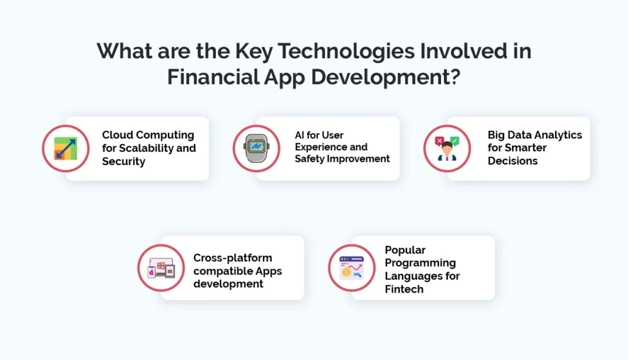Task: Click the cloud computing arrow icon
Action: (66, 148)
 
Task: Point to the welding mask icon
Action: (256, 148)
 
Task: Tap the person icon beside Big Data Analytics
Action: (447, 149)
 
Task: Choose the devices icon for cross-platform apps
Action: (161, 267)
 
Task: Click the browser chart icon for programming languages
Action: (351, 267)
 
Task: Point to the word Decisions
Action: (513, 161)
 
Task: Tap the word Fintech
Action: (404, 289)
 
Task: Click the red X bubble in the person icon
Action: (439, 140)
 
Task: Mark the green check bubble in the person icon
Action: (454, 140)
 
